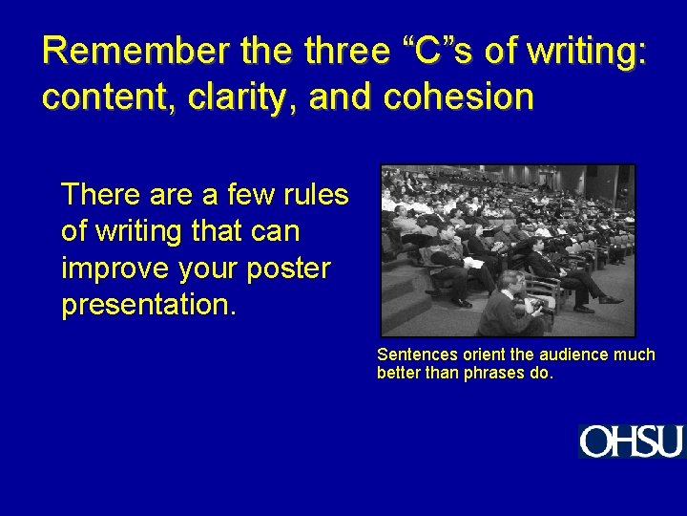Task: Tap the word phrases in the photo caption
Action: [493, 373]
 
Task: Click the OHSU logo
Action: [631, 441]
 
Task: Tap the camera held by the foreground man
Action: [535, 307]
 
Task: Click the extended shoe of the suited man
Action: [610, 299]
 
